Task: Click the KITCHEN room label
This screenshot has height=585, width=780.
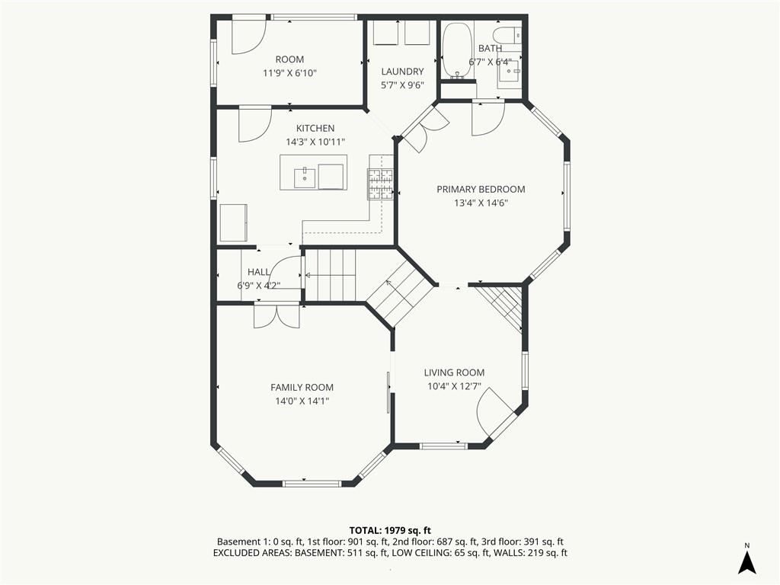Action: click(x=315, y=128)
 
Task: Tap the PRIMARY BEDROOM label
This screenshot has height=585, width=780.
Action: click(x=481, y=189)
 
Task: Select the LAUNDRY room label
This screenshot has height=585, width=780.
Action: click(x=402, y=72)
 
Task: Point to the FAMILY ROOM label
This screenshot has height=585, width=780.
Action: click(x=302, y=387)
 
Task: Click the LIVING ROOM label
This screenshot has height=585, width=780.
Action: click(x=454, y=372)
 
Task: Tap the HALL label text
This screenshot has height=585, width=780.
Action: click(x=258, y=272)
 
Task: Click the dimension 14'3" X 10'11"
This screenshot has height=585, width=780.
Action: click(x=315, y=142)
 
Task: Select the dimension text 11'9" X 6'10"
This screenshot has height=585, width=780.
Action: click(x=289, y=73)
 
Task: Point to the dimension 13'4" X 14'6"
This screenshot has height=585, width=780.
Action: click(x=481, y=203)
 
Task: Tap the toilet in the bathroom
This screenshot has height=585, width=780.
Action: click(x=507, y=35)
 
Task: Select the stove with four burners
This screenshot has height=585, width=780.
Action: click(x=381, y=184)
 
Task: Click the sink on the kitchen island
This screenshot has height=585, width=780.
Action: click(x=305, y=177)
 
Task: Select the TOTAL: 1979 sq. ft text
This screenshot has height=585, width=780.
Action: click(x=390, y=529)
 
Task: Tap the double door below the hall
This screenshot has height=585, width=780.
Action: click(x=277, y=316)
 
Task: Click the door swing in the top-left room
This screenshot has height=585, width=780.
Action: click(x=248, y=36)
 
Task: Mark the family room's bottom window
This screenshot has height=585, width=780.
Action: click(x=312, y=483)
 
